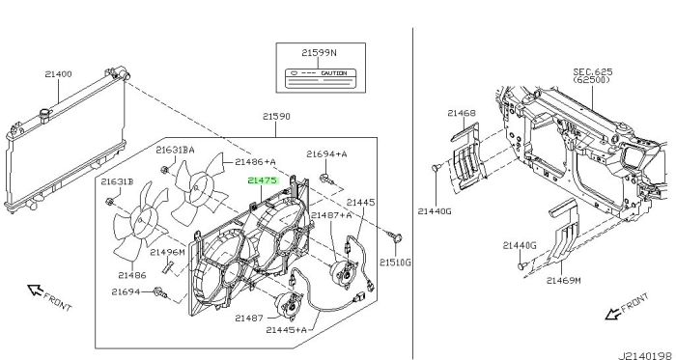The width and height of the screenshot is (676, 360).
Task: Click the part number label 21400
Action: click(x=58, y=74)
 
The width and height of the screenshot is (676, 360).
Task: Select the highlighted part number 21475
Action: click(x=262, y=180)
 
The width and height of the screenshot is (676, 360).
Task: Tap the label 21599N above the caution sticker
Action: click(x=319, y=53)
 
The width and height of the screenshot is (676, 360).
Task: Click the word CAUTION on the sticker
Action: click(x=334, y=73)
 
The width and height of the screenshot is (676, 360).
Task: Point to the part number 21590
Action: click(x=276, y=116)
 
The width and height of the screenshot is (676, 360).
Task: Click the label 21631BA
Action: click(x=175, y=150)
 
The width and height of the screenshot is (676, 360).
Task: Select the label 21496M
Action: click(x=167, y=252)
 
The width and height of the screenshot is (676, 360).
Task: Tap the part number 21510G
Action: click(x=395, y=262)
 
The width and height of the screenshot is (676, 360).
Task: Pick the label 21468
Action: click(x=462, y=113)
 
